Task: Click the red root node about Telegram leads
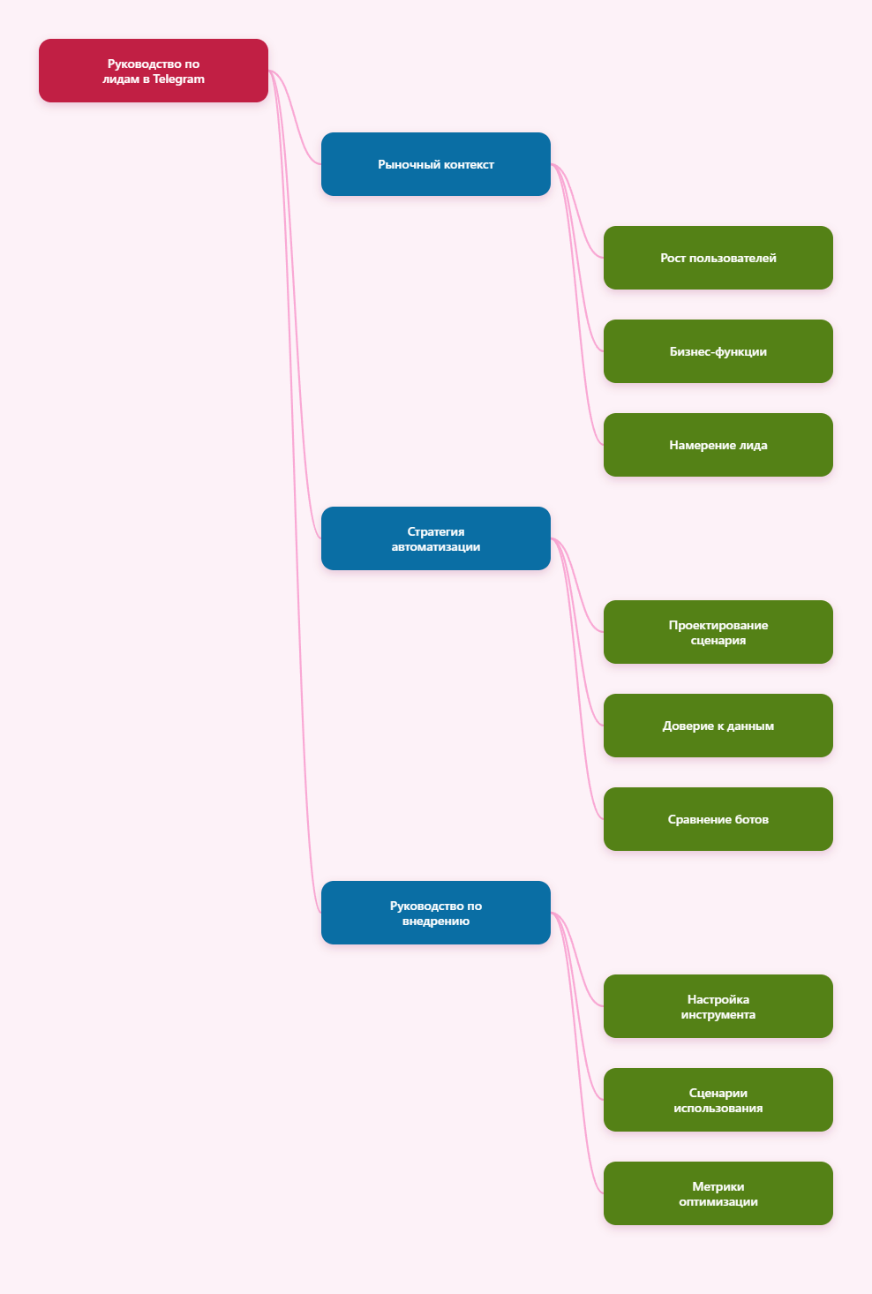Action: [153, 71]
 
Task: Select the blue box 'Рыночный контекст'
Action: [435, 164]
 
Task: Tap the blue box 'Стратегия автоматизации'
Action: [435, 538]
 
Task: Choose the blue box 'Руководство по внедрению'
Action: [435, 913]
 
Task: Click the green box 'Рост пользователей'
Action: [718, 258]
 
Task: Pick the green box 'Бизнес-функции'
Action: [718, 351]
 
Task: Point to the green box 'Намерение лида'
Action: [718, 445]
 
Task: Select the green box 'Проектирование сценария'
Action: [718, 632]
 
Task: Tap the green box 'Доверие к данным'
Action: [718, 726]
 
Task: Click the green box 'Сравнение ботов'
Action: [718, 819]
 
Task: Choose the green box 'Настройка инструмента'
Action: [718, 1006]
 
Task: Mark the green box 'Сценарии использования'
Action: [718, 1100]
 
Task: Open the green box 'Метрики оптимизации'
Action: [718, 1193]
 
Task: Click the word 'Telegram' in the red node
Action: [178, 79]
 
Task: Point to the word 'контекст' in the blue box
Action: [469, 165]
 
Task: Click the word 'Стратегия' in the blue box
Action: [435, 531]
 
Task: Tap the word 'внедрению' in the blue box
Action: [435, 922]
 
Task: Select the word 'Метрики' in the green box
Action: [718, 1186]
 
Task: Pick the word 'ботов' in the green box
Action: [751, 819]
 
